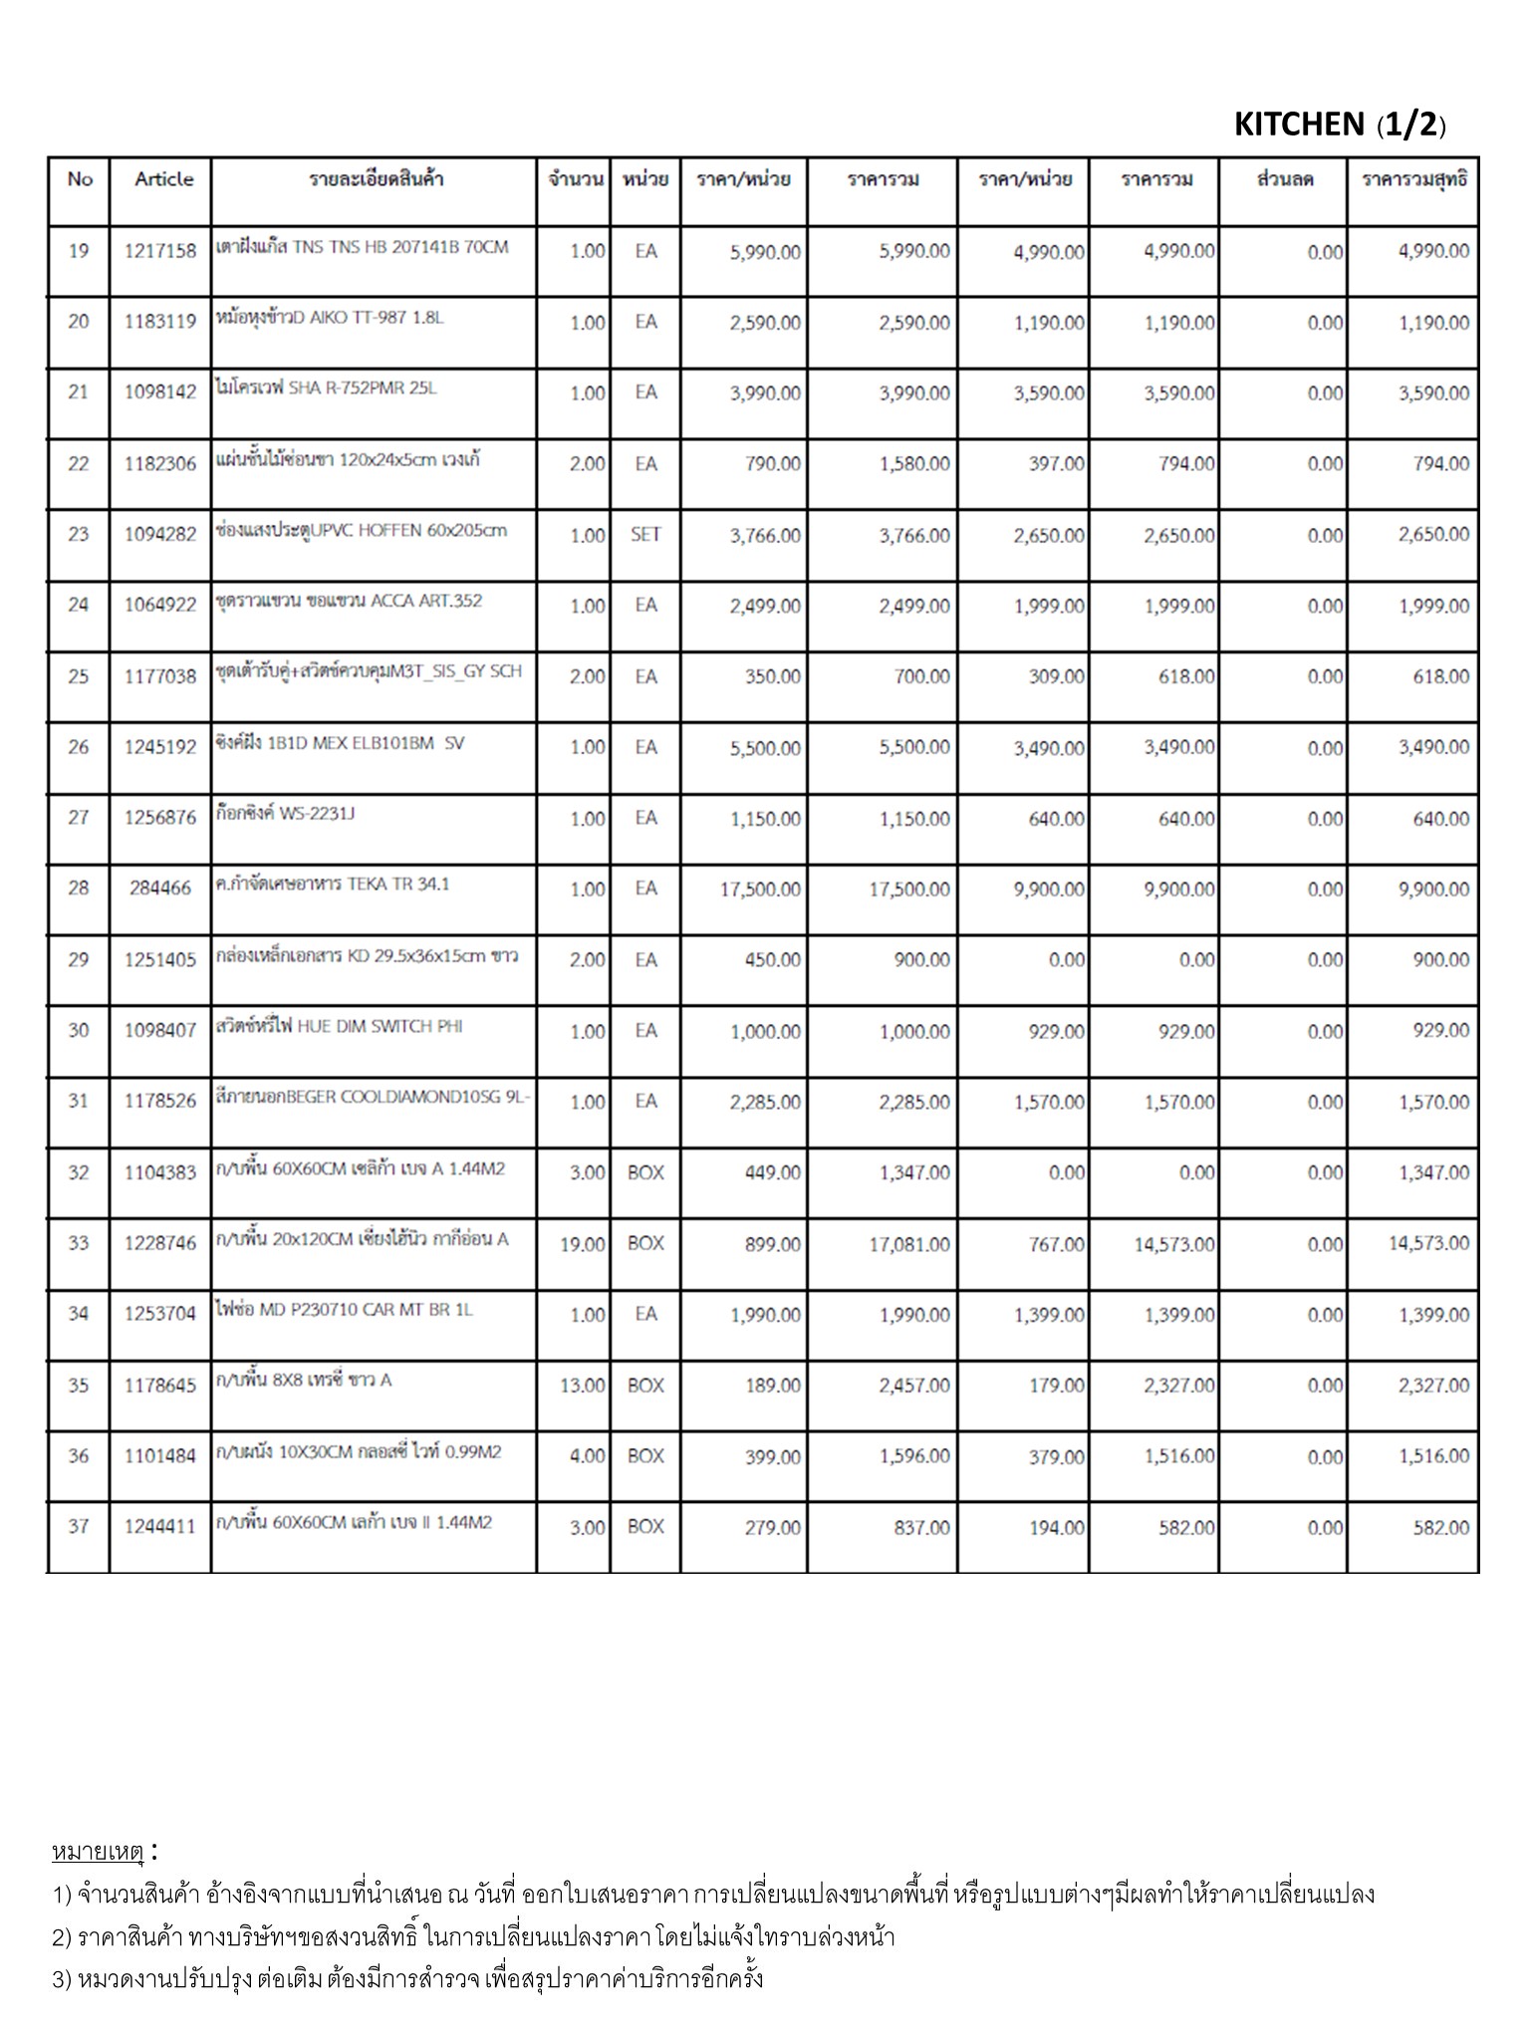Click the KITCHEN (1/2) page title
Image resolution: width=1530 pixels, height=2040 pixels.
[1339, 125]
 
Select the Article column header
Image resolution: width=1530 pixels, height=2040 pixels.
[164, 179]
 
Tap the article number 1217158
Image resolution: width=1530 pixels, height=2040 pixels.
[160, 251]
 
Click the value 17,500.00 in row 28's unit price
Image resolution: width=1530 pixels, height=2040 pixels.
[760, 890]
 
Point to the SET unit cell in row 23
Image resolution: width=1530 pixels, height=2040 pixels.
[645, 535]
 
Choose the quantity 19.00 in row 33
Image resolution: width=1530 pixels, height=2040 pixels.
[583, 1244]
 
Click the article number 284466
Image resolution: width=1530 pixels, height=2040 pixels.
[160, 889]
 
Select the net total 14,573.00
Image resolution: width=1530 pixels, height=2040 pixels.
[1428, 1244]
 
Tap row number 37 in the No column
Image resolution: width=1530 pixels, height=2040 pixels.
[79, 1527]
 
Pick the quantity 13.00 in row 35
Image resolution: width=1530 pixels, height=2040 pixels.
[583, 1386]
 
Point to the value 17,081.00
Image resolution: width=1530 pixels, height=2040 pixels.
[908, 1244]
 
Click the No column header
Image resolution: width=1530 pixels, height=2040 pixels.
[80, 179]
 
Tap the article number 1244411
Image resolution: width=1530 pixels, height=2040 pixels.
[160, 1527]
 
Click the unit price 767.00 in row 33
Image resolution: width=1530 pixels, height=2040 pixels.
[1057, 1244]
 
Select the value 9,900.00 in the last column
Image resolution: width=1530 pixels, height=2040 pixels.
[1433, 890]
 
